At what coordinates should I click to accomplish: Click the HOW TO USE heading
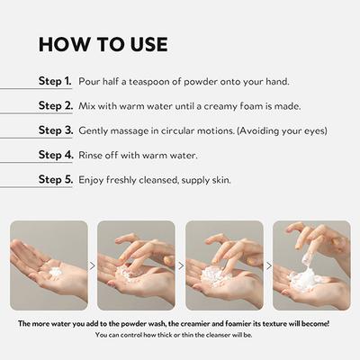click(x=103, y=45)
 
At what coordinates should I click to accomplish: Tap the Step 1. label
click(x=55, y=81)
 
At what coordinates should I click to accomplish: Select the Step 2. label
click(x=56, y=105)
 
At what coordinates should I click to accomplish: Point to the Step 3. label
click(x=56, y=130)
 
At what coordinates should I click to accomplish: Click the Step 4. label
click(x=56, y=155)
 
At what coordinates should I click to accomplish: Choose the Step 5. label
click(x=56, y=179)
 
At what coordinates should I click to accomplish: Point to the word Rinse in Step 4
click(x=88, y=156)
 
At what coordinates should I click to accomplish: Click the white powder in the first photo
click(x=55, y=272)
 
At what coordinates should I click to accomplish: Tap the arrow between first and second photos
click(x=93, y=265)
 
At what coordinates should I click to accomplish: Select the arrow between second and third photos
click(x=181, y=265)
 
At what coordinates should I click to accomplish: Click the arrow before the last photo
click(x=269, y=265)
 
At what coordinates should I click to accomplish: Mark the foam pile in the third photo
click(x=215, y=276)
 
